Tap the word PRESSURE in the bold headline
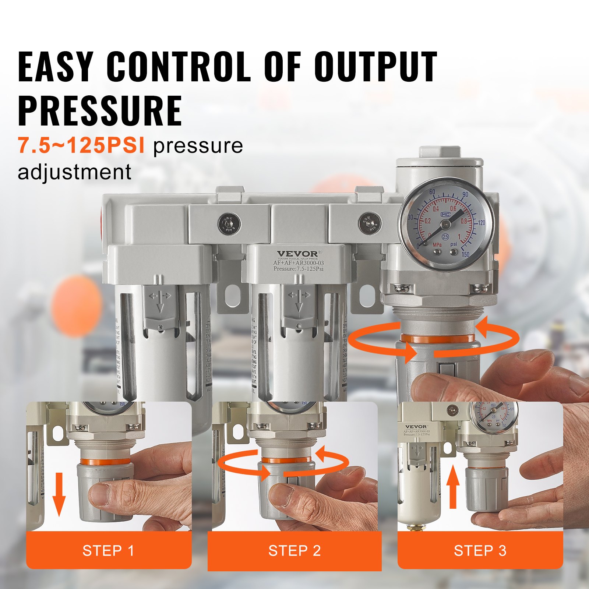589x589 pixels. point(100,110)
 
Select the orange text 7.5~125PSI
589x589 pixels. point(81,145)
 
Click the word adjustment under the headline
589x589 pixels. point(74,172)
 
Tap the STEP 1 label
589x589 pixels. point(108,551)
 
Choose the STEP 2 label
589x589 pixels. point(294,551)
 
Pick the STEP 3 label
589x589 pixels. point(480,551)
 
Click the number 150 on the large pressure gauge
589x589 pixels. point(465,254)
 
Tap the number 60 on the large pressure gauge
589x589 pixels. point(432,192)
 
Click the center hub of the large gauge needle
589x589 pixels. point(445,224)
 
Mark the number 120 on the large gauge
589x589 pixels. point(481,223)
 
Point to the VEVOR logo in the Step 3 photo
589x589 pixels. point(416,427)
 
